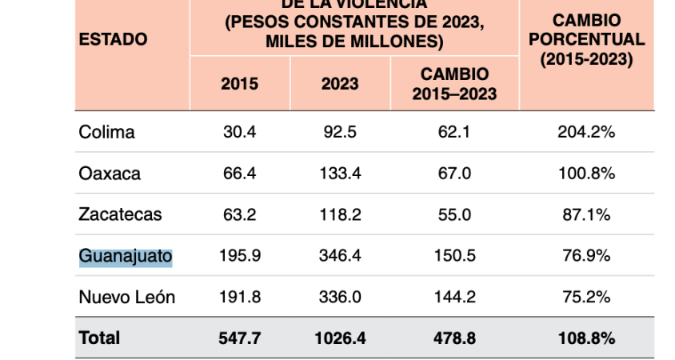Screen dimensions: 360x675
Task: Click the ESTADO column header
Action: click(x=113, y=39)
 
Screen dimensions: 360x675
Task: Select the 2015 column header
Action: click(x=239, y=83)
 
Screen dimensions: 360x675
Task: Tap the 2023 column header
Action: click(x=340, y=83)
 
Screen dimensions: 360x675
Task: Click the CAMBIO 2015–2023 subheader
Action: click(x=454, y=83)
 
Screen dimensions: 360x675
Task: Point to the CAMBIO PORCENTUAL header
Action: click(x=587, y=39)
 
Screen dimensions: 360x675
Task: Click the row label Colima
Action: click(x=106, y=132)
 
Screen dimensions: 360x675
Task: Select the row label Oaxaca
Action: click(x=110, y=174)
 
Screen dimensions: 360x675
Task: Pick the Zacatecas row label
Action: click(x=120, y=214)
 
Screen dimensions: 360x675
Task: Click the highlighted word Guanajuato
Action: click(x=126, y=256)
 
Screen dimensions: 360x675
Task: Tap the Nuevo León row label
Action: click(x=126, y=298)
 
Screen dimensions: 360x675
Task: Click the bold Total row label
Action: click(x=99, y=338)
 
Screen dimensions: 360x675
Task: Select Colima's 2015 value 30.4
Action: click(x=239, y=132)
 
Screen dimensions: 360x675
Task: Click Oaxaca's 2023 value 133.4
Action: click(x=340, y=174)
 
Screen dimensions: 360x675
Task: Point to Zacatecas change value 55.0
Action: click(x=454, y=214)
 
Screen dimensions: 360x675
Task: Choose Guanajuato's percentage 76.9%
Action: click(x=586, y=256)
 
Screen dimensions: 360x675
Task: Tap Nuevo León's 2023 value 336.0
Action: click(x=340, y=298)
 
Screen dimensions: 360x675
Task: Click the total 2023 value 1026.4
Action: click(x=340, y=338)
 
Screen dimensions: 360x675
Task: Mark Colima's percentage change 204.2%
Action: click(x=586, y=132)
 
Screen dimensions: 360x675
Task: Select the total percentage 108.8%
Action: click(x=586, y=338)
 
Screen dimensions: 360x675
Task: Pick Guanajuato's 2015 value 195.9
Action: click(x=239, y=256)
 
